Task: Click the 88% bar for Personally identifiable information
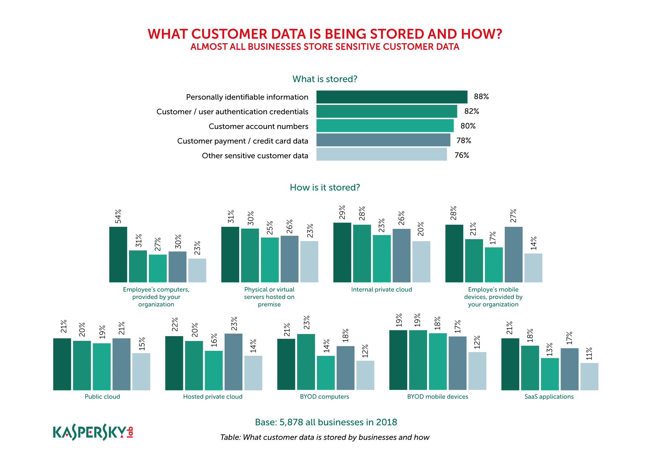(392, 97)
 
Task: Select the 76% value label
(461, 155)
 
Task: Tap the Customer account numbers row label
(258, 126)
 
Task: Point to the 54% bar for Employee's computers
(118, 254)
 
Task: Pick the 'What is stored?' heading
(325, 79)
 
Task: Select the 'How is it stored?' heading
(325, 187)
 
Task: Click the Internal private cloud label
(382, 289)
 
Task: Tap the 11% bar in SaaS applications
(589, 376)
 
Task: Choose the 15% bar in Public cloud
(141, 372)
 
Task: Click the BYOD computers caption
(324, 397)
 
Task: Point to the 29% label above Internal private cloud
(342, 212)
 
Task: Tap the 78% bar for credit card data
(383, 140)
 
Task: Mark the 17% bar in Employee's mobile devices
(494, 265)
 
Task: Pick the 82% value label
(472, 111)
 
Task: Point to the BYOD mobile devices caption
(437, 397)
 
